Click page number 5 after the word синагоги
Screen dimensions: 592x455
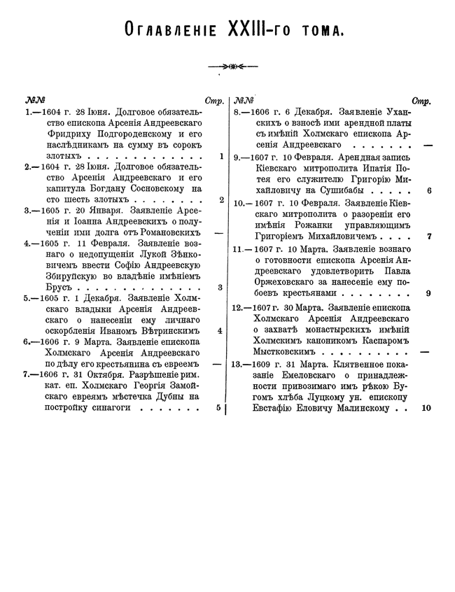pos(219,406)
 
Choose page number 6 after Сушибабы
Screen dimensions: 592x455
pos(428,190)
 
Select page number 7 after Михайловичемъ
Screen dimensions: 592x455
pos(428,236)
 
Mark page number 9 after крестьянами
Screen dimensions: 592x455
pos(428,293)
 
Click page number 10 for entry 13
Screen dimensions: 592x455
pos(426,407)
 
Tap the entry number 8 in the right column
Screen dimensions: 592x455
pos(238,113)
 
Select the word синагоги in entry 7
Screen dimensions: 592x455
pos(132,407)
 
